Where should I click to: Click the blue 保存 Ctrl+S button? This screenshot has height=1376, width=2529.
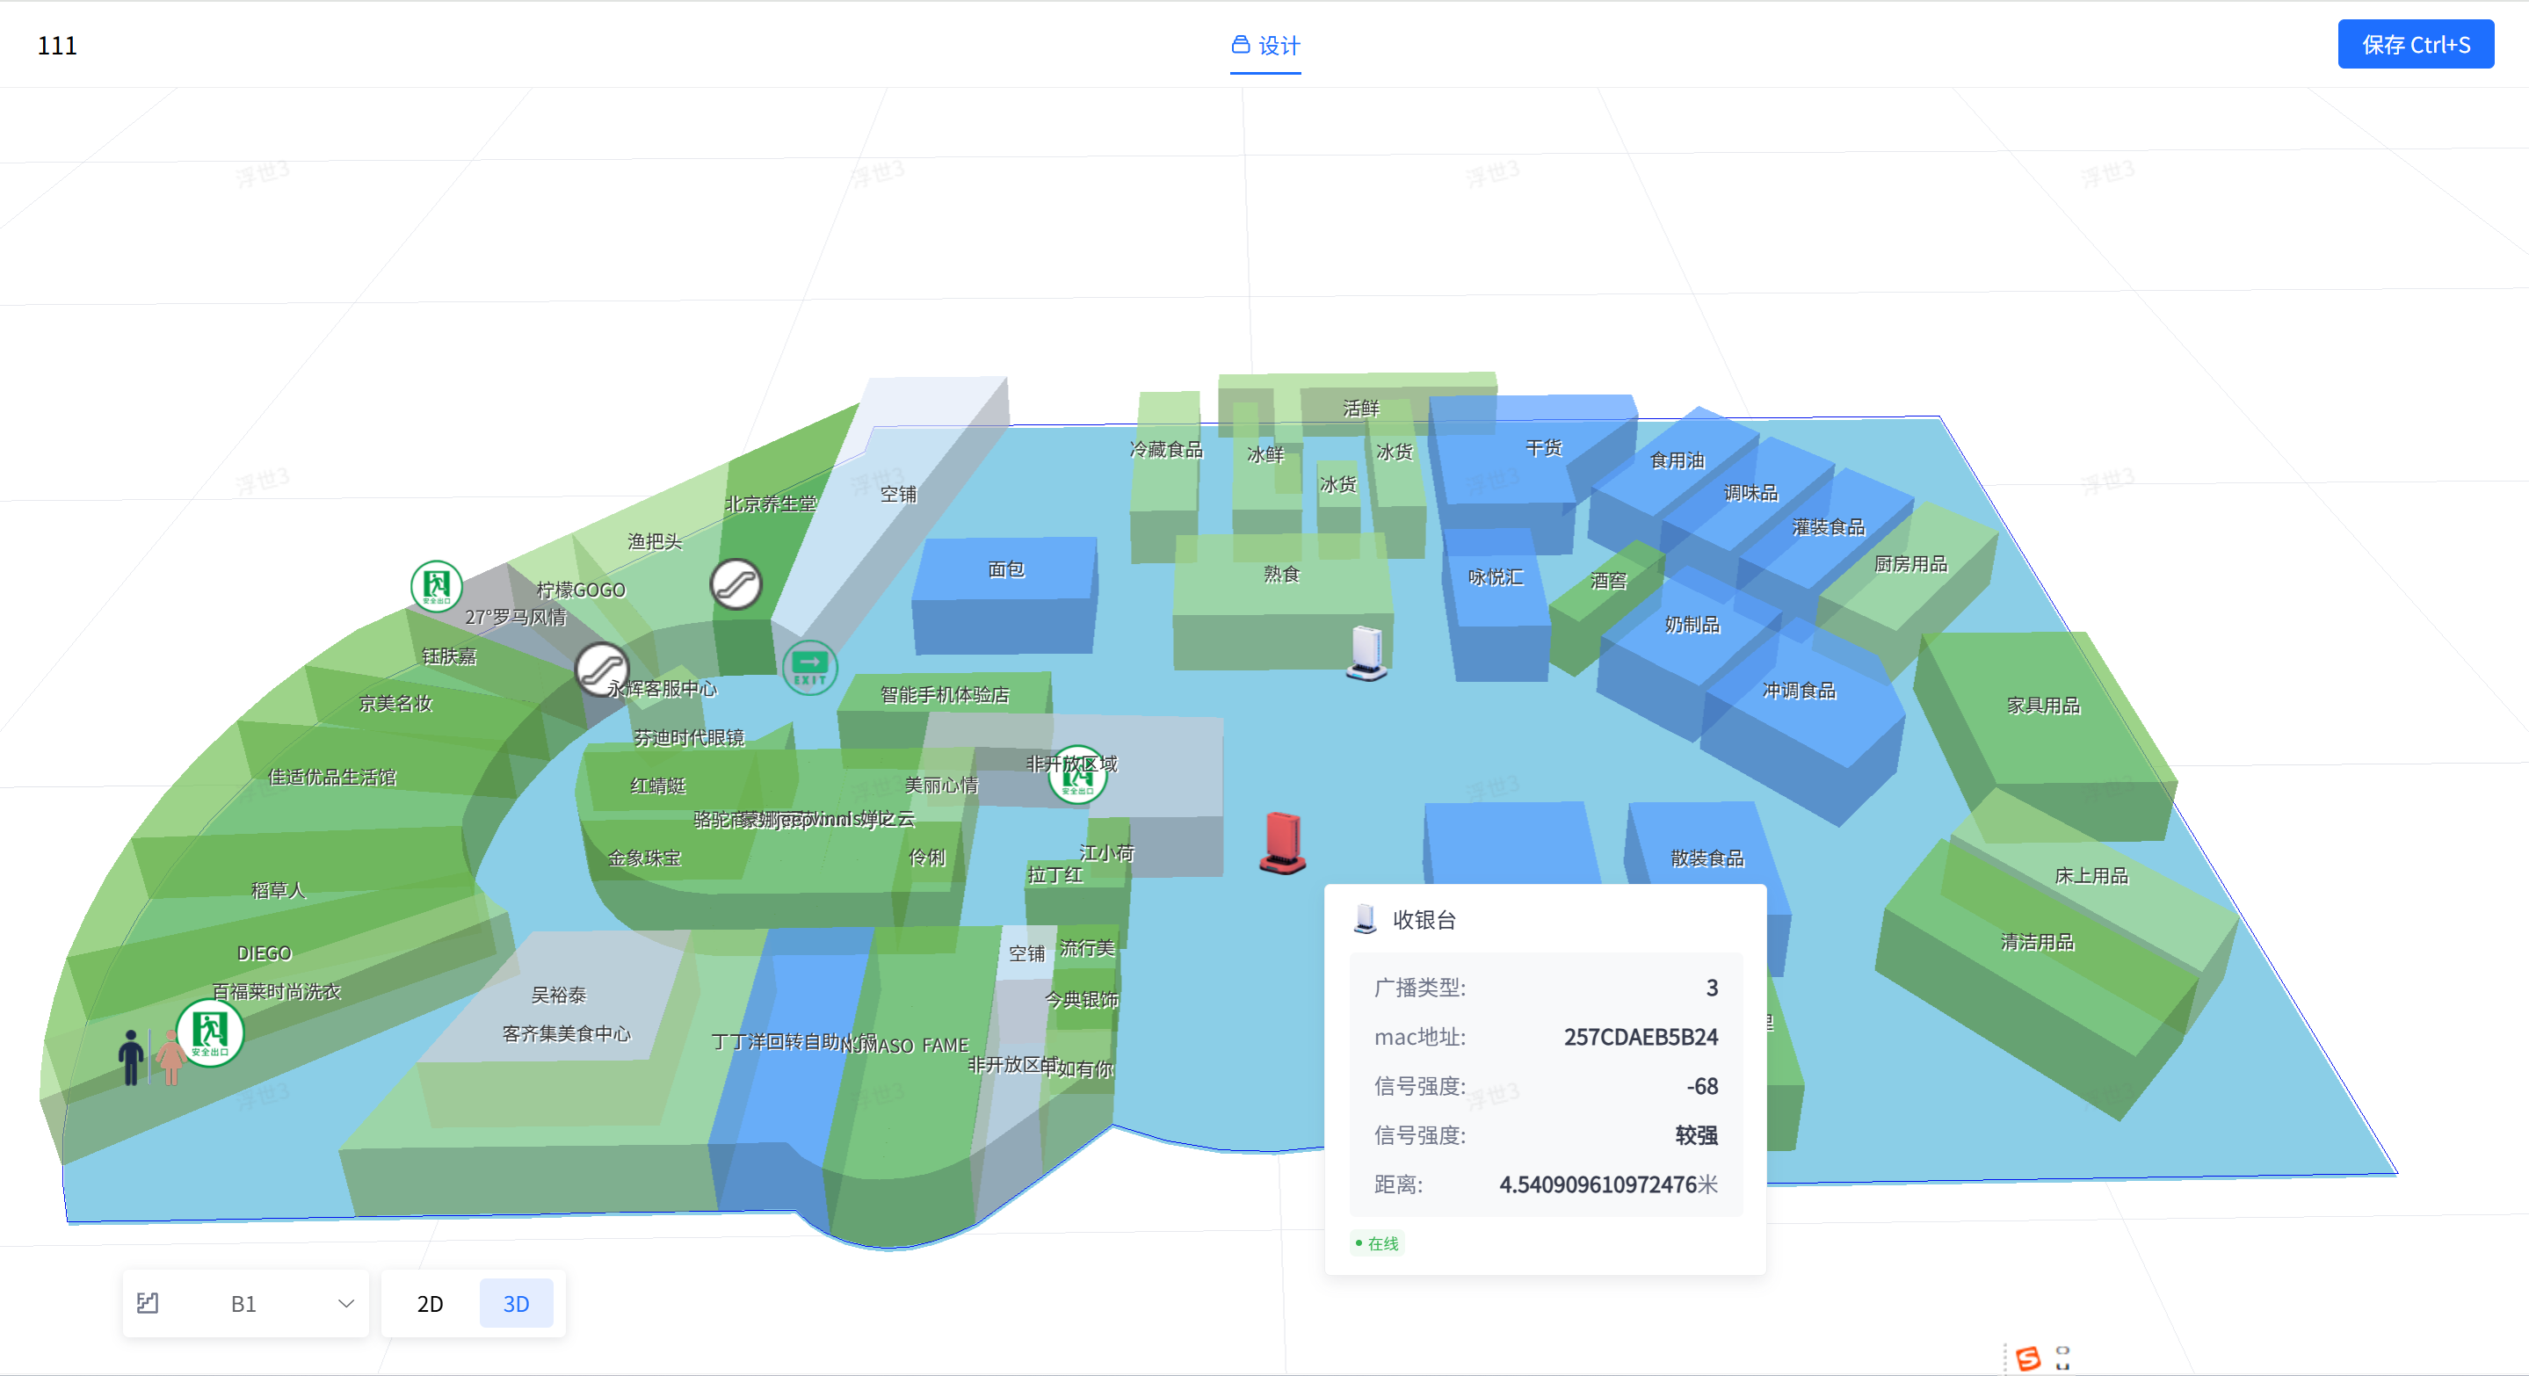pos(2414,45)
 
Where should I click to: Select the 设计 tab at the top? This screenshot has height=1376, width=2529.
pos(1265,45)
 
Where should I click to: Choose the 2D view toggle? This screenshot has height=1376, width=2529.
pos(430,1302)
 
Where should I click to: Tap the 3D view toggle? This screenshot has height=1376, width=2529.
pos(516,1302)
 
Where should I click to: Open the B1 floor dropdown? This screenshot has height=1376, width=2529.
pos(245,1302)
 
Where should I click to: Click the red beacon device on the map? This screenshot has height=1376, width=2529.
pos(1282,843)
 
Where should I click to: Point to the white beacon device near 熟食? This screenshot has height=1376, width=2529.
pos(1366,653)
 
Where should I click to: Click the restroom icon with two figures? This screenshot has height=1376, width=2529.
pos(150,1057)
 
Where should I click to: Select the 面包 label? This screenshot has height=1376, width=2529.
pos(1005,569)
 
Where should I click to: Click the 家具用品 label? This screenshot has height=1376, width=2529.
pos(2043,705)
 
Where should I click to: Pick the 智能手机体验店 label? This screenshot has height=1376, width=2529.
pos(945,695)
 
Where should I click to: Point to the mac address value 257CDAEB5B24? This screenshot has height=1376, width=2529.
pos(1640,1037)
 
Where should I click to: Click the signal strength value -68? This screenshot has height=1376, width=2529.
pos(1701,1085)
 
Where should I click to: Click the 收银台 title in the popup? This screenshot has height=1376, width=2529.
pos(1424,920)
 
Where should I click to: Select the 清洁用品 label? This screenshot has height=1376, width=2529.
pos(2037,942)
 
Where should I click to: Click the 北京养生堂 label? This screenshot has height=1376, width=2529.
pos(771,504)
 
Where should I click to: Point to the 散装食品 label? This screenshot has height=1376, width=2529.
pos(1707,858)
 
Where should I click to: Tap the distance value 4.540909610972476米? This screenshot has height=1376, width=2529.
pos(1607,1184)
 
